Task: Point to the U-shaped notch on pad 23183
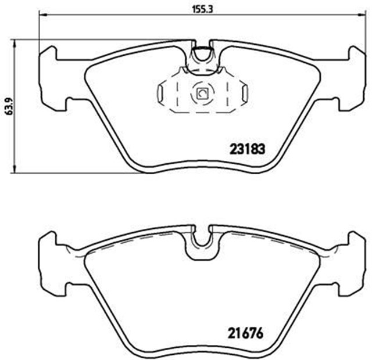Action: (x=202, y=55)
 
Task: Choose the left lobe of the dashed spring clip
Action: (x=163, y=91)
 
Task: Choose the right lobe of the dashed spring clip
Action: (x=244, y=91)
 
